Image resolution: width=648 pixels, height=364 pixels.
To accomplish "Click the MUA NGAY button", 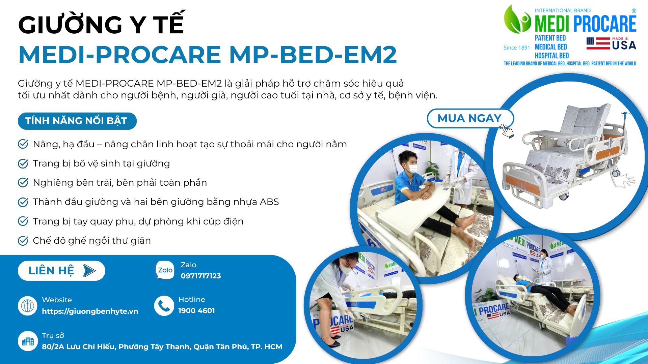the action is pos(470,118).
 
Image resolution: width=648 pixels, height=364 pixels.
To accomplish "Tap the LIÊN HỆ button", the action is pos(61,271).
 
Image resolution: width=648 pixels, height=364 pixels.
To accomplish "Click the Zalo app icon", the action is pos(165,270).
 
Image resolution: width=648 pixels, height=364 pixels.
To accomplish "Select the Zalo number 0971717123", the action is pos(201,276).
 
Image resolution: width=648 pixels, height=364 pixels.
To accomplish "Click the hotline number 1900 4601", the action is pos(196,311).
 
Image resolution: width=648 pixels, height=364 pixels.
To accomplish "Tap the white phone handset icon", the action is pos(164,306).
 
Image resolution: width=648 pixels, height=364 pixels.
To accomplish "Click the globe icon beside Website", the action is pos(28,306).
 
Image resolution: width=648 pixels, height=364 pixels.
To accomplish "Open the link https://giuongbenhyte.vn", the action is pos(90,311).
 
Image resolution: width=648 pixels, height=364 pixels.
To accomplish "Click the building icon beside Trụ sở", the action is pos(28,341).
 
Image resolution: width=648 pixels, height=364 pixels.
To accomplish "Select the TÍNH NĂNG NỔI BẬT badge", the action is pos(77,121).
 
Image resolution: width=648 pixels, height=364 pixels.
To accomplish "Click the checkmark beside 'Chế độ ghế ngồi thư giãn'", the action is pos(23,241).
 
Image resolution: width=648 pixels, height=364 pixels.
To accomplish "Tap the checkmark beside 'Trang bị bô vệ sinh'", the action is pos(23,163).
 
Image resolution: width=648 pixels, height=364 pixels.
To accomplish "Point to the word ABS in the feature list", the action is pos(269,202).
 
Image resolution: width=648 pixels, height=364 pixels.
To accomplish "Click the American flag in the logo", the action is pos(598,43).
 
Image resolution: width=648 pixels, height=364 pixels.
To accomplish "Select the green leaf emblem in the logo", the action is pos(516,20).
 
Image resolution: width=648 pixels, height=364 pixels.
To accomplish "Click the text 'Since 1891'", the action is pos(517,48).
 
